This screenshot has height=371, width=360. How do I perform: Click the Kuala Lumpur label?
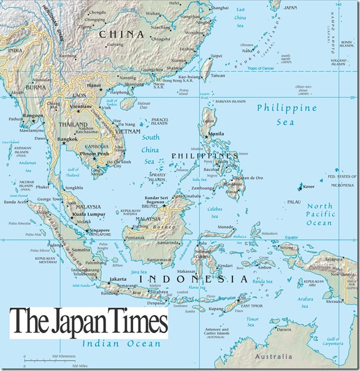(86, 215)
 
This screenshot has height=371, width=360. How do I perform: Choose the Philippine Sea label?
(287, 115)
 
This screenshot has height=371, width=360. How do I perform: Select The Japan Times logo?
(88, 321)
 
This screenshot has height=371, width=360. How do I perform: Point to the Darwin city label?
(286, 329)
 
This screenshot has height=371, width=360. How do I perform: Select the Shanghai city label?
(220, 7)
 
